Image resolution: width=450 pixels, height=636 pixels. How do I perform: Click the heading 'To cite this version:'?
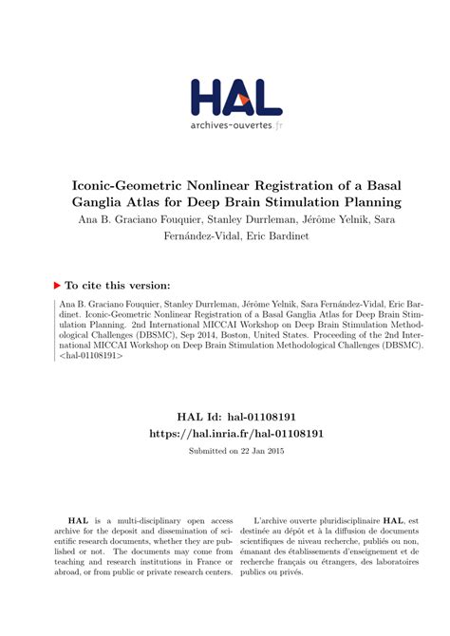[x=117, y=284]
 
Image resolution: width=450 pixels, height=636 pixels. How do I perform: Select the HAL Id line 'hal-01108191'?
[x=225, y=416]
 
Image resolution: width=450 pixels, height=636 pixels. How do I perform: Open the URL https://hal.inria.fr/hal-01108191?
[x=225, y=433]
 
